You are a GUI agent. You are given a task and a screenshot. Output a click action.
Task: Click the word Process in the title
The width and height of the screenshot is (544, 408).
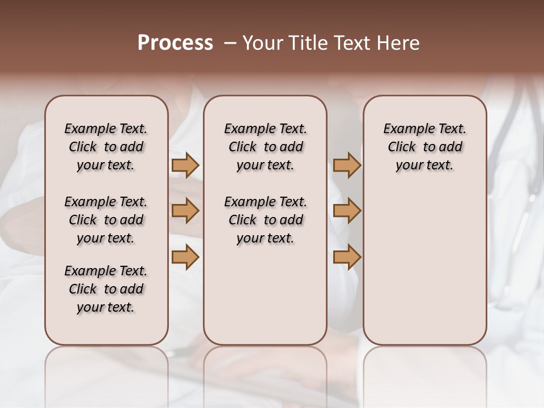(x=175, y=43)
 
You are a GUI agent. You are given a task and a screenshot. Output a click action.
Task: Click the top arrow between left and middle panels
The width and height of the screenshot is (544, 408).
(x=185, y=165)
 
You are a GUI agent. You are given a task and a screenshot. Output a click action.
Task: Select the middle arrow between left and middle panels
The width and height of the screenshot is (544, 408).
(x=185, y=211)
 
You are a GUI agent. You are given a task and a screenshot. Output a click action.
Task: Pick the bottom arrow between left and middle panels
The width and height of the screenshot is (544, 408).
(x=185, y=257)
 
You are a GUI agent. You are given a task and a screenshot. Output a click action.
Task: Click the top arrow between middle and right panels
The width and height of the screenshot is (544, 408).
(x=347, y=165)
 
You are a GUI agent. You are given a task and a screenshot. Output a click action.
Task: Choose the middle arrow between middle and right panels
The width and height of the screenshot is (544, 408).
(x=347, y=211)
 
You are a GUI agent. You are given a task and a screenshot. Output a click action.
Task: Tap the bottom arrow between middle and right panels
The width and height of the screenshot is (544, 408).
(x=347, y=257)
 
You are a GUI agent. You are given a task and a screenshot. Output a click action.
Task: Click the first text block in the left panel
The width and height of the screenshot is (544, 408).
(x=106, y=147)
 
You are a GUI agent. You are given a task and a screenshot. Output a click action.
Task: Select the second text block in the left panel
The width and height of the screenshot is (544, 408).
(x=106, y=220)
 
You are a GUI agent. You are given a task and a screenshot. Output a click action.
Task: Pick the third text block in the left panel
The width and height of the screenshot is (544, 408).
(x=106, y=289)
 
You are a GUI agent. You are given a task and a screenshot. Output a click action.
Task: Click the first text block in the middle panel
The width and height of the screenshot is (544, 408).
(x=265, y=147)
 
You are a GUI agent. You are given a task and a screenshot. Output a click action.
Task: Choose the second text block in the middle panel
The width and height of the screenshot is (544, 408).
(x=265, y=220)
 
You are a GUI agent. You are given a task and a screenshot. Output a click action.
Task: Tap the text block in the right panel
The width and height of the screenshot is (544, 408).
(x=424, y=147)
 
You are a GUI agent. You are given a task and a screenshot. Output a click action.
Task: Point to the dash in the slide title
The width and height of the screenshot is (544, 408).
(x=230, y=43)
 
